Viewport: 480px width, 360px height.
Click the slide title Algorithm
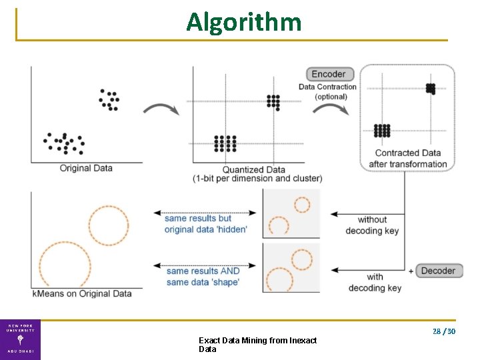coord(243,22)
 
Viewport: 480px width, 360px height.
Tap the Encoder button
coord(329,74)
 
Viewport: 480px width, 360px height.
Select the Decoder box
coord(438,271)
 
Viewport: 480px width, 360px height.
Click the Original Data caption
coord(86,168)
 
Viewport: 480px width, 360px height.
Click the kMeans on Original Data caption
coord(82,293)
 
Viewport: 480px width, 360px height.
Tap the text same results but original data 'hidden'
coord(205,224)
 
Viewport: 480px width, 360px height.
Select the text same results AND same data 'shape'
coord(203,277)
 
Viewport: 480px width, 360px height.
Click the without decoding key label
coord(372,225)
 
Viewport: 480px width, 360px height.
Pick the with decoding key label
coord(375,282)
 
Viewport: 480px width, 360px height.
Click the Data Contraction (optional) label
coord(327,91)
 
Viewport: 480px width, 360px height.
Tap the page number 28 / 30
coord(443,331)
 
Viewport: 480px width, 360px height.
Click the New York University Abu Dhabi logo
coord(20,340)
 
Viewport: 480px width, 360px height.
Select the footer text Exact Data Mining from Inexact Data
coord(257,345)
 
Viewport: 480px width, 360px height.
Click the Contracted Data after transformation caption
coord(407,159)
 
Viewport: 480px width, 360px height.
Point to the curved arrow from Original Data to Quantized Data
coord(161,109)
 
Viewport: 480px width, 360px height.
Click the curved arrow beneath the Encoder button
coord(330,107)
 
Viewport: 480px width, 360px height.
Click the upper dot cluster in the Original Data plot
coord(109,99)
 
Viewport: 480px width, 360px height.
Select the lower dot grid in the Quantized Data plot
coord(225,143)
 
